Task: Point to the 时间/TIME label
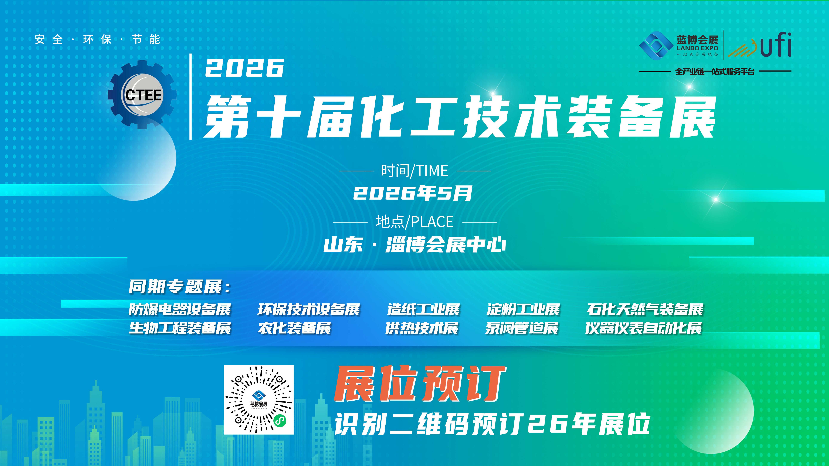[x=414, y=170]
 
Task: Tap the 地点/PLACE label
[x=414, y=222]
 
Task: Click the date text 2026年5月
[x=413, y=193]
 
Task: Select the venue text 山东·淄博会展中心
[x=414, y=245]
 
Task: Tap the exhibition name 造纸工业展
[x=423, y=309]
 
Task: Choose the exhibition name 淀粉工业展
[x=523, y=309]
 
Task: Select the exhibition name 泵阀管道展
[x=522, y=328]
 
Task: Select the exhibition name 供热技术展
[x=422, y=328]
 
